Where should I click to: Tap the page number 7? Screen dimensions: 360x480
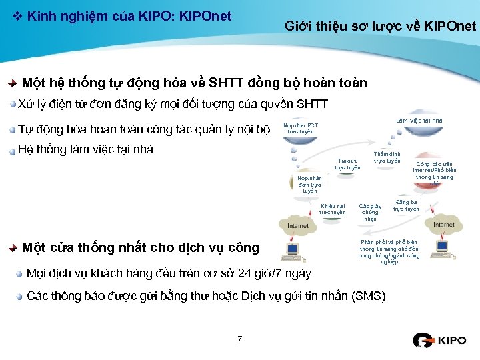239,340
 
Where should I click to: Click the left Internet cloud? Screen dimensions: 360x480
297,224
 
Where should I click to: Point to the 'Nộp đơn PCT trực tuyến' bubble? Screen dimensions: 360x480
301,129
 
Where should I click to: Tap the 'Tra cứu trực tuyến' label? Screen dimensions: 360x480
347,164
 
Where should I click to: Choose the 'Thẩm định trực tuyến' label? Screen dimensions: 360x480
387,157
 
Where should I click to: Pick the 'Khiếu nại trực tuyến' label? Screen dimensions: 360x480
332,209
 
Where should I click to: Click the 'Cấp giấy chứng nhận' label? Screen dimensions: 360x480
370,212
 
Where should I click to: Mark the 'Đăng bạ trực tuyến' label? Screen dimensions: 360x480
406,205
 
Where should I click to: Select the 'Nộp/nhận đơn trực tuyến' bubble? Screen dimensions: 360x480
309,184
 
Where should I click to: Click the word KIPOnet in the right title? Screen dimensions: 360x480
453,27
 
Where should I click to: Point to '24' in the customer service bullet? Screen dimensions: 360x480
245,273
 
